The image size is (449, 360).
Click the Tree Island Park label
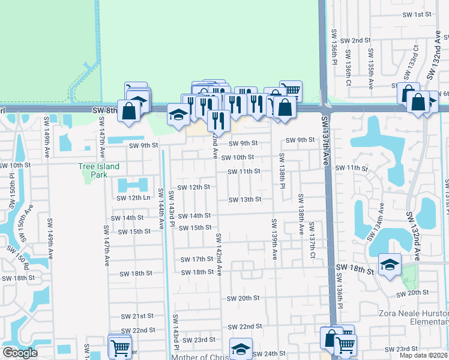pyautogui.click(x=99, y=170)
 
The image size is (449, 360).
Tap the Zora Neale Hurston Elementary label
pyautogui.click(x=414, y=317)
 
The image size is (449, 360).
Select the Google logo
pyautogui.click(x=20, y=353)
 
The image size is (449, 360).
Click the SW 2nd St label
pyautogui.click(x=355, y=40)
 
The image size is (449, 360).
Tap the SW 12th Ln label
pyautogui.click(x=134, y=198)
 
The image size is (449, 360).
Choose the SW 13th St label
pyautogui.click(x=244, y=199)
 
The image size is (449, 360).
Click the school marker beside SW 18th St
pyautogui.click(x=390, y=265)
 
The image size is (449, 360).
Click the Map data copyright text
pyautogui.click(x=424, y=355)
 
